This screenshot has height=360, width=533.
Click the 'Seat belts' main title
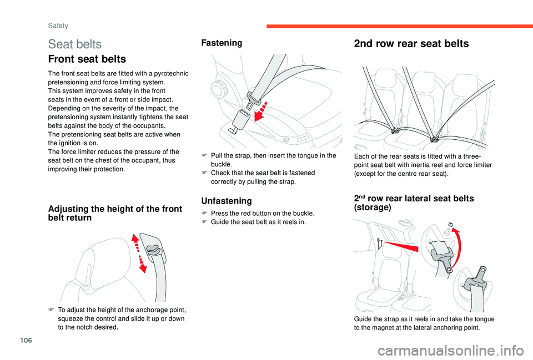point(75,44)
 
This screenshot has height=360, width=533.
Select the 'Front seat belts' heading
point(87,59)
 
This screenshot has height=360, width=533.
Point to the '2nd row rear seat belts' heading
point(411,44)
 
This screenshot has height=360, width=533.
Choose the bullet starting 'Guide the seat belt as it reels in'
point(259,222)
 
